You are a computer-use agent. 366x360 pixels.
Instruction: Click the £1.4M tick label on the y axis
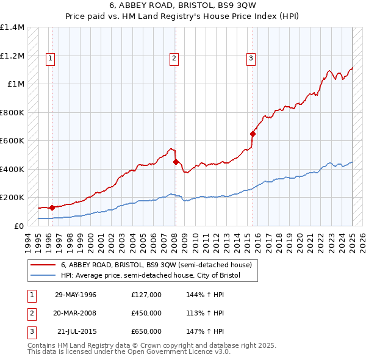pos(12,27)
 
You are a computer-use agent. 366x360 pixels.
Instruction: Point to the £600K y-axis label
pos(12,141)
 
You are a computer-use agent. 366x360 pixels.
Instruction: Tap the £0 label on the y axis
pos(20,226)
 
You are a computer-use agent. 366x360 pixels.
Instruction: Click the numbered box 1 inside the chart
pos(49,59)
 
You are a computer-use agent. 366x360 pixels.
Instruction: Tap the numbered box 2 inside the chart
pos(174,59)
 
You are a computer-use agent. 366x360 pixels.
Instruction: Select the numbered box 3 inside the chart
pos(251,59)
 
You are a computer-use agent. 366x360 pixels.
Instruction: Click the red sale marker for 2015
pos(253,134)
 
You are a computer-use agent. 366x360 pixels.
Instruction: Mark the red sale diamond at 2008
pos(176,162)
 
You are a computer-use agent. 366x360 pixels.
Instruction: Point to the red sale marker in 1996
pos(52,207)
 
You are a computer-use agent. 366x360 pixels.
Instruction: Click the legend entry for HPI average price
pos(151,276)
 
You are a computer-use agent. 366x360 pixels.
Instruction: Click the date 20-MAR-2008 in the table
pos(76,313)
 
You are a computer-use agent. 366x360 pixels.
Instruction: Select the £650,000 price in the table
pos(146,331)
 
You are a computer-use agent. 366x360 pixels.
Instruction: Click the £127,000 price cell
pos(146,295)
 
